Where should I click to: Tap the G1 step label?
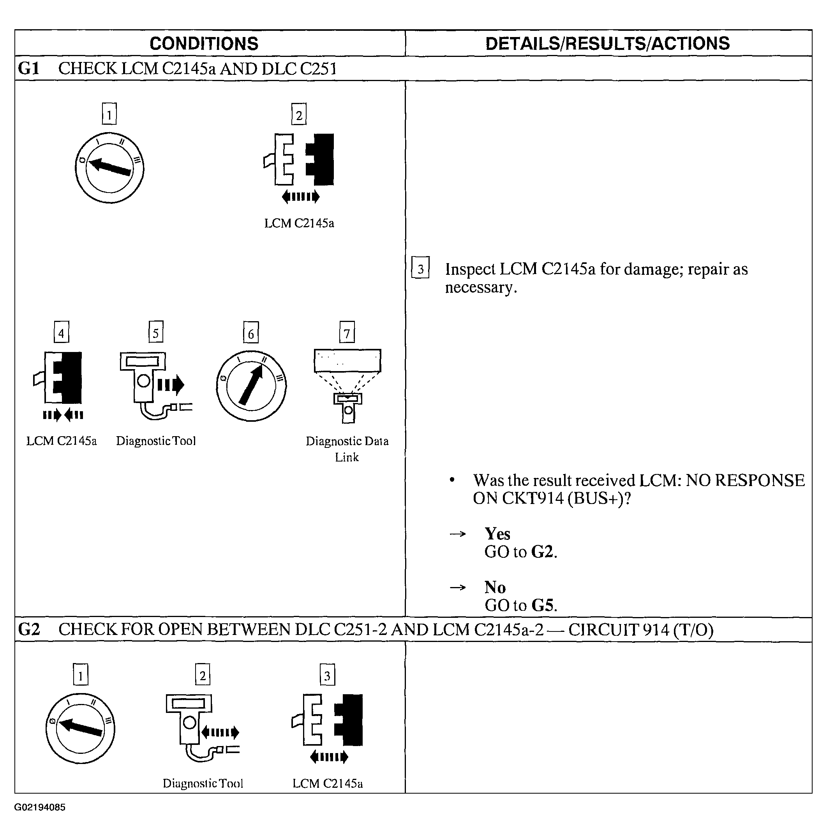29,69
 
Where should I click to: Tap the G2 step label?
29,629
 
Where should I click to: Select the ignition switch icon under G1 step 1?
109,168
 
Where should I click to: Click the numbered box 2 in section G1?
299,114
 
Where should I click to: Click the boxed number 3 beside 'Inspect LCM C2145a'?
420,268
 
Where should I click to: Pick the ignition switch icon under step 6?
251,386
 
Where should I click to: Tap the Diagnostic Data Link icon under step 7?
347,385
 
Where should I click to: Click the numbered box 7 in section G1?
347,332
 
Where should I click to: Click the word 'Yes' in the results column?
497,534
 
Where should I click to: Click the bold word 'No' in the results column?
495,587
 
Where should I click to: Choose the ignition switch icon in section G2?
80,728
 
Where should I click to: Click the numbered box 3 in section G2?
327,675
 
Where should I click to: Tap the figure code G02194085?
40,807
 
